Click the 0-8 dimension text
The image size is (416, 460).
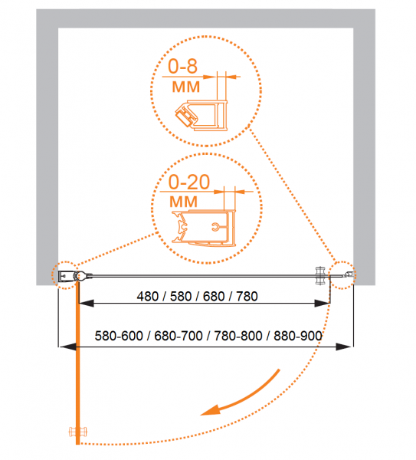[x=182, y=66]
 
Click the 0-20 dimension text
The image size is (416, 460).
[x=189, y=182]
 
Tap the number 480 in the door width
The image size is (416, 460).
[x=148, y=296]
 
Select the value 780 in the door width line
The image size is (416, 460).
[x=247, y=296]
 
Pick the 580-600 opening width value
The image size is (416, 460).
[x=119, y=336]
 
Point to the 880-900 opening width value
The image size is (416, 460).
[x=298, y=336]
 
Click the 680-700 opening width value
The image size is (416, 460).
[x=179, y=336]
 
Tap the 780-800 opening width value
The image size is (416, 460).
[x=238, y=336]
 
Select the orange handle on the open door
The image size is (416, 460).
[x=77, y=432]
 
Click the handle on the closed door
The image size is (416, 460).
[x=319, y=275]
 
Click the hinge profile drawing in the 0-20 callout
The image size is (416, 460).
[x=204, y=228]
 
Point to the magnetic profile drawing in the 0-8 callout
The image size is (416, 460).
[x=201, y=115]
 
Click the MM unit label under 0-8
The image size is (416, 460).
[x=186, y=87]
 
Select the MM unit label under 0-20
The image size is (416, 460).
[x=184, y=202]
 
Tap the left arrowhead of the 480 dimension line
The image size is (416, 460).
[x=87, y=304]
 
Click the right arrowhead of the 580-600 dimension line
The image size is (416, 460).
[x=343, y=347]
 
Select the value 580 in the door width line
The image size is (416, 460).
[x=181, y=296]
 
